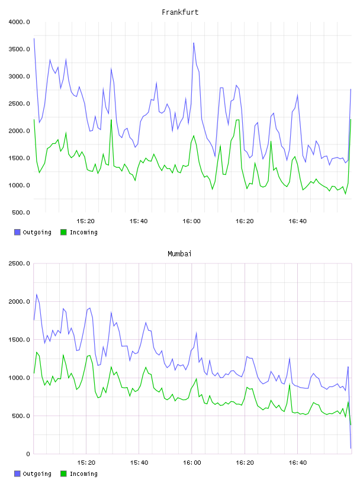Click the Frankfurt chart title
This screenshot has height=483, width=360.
tap(180, 12)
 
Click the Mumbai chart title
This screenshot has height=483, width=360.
tap(179, 254)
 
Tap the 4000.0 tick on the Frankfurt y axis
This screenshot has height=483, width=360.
tap(19, 22)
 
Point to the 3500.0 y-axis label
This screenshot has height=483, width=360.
tap(19, 49)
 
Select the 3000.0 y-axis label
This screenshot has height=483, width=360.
tap(19, 76)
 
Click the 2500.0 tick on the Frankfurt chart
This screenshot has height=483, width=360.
tap(19, 104)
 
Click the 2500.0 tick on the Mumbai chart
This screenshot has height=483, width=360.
tap(19, 263)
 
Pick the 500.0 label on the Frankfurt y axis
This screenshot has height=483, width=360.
tap(21, 212)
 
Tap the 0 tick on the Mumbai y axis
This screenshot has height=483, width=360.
tap(28, 454)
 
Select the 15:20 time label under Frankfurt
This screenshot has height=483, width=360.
tap(85, 221)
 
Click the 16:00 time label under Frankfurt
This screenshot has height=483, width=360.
tap(191, 221)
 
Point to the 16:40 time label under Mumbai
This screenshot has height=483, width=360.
tap(298, 463)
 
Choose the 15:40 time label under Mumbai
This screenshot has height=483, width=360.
tap(139, 463)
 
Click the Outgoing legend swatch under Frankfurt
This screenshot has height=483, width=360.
tap(17, 232)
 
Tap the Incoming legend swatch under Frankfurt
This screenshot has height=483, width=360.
tap(63, 232)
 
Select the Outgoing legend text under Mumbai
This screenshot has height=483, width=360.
tap(37, 474)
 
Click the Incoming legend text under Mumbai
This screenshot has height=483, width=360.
tap(83, 474)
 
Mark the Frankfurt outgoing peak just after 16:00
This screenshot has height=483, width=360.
tap(194, 43)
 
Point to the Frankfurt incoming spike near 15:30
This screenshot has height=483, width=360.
tap(111, 120)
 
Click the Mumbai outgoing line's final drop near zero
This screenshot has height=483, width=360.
tap(351, 448)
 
